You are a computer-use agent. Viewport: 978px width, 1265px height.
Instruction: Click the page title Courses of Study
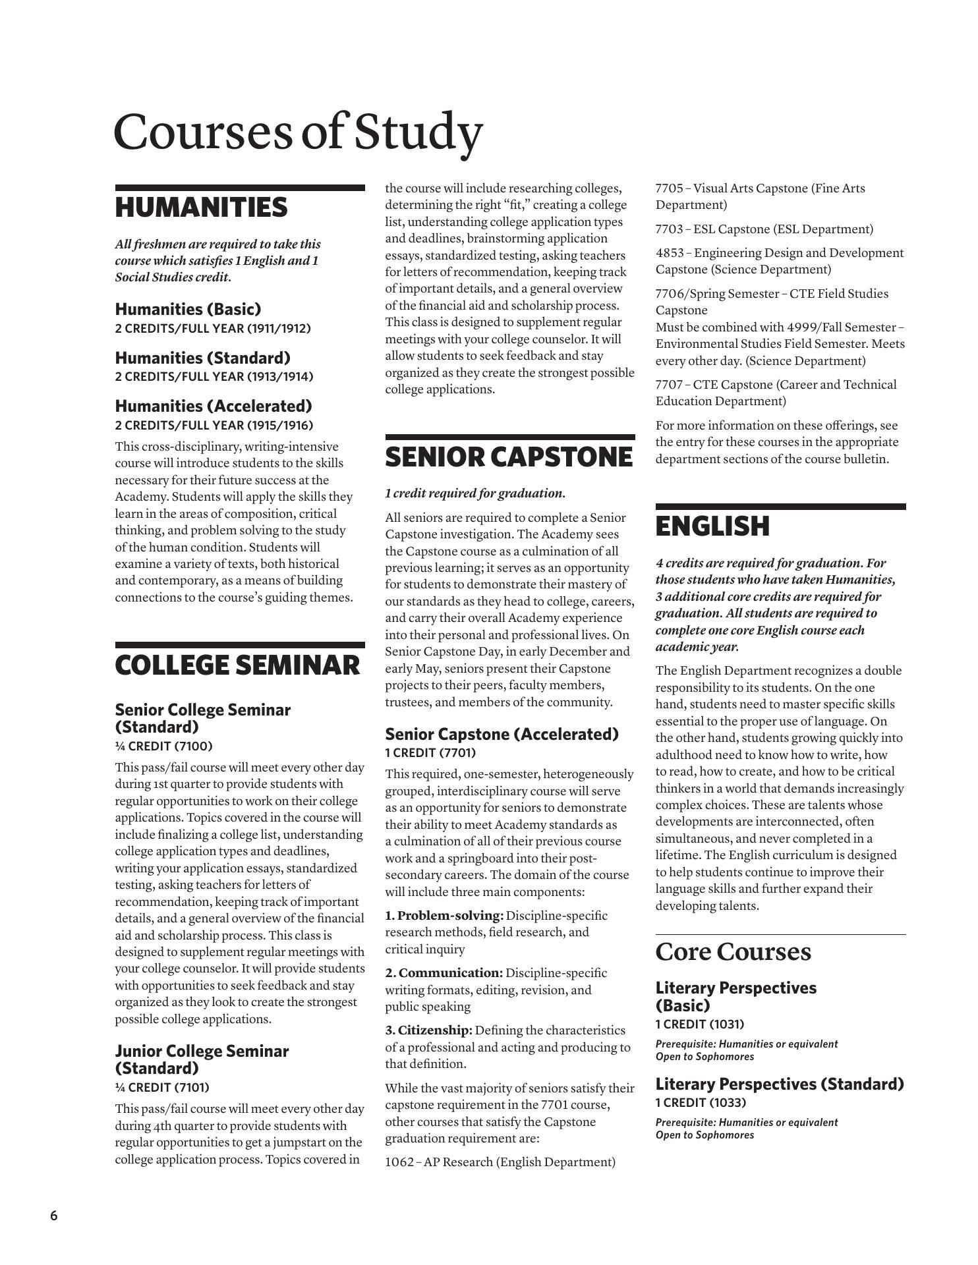click(x=298, y=132)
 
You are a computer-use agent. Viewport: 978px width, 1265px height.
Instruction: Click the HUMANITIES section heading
click(x=201, y=208)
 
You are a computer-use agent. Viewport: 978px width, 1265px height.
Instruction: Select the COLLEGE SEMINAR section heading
click(x=237, y=665)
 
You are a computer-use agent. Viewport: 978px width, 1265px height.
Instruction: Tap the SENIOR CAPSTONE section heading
click(x=508, y=457)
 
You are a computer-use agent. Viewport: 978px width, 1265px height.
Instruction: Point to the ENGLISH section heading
click(x=712, y=526)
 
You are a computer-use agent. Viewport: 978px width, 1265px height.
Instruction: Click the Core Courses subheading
click(x=733, y=952)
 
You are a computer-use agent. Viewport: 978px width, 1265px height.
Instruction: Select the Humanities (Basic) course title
click(x=188, y=309)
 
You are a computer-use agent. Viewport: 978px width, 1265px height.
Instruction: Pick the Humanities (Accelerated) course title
click(x=213, y=406)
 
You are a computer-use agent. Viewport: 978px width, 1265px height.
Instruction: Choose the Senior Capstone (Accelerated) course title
click(x=502, y=734)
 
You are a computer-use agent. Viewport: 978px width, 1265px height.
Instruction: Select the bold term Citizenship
click(x=435, y=1030)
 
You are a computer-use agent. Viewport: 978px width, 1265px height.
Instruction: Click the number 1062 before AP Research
click(x=399, y=1162)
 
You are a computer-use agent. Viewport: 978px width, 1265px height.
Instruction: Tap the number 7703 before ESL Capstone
click(x=669, y=229)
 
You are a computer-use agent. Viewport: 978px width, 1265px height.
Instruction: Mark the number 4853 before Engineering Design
click(x=670, y=253)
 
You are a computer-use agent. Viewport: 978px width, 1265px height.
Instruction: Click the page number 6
click(x=54, y=1216)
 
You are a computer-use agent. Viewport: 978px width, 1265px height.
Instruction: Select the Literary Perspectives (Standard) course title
click(x=780, y=1084)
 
